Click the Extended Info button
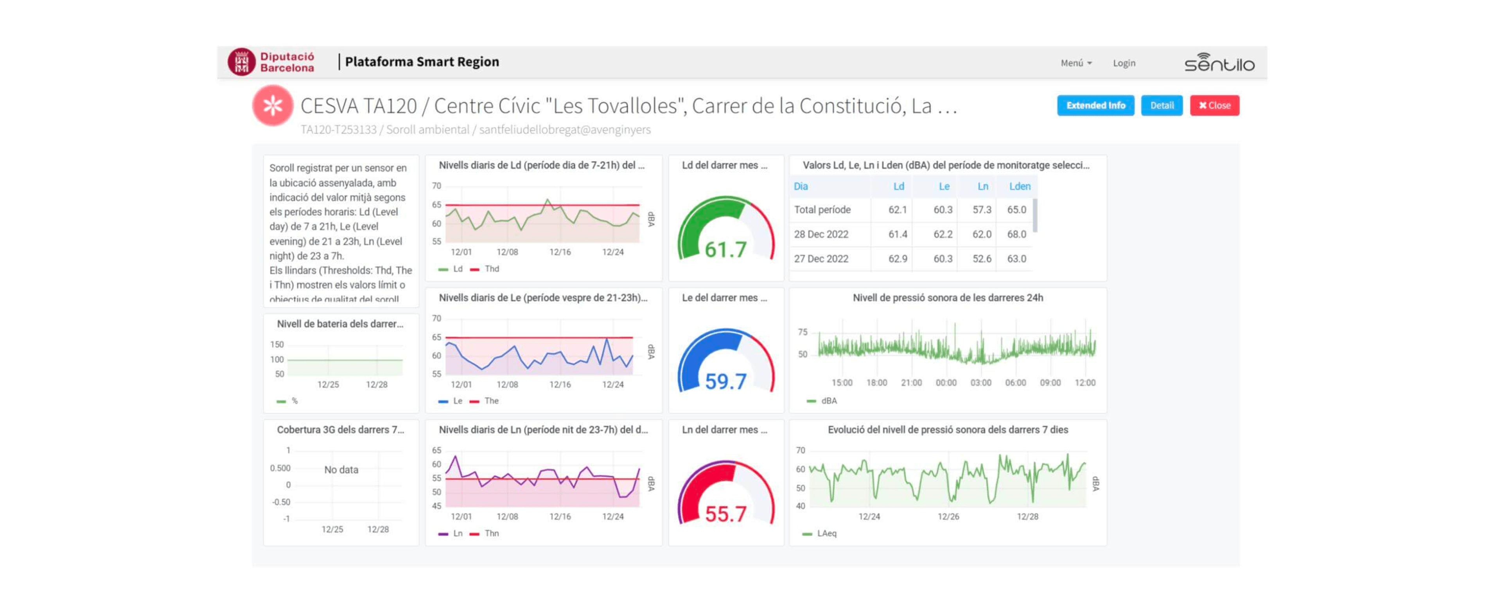click(x=1095, y=106)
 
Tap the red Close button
click(x=1215, y=106)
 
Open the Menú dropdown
click(x=1076, y=63)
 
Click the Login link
click(x=1124, y=63)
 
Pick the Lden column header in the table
click(x=1019, y=186)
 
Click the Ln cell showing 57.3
click(x=982, y=210)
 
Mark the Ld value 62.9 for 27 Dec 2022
click(x=898, y=259)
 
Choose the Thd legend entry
click(x=491, y=269)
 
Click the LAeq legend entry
click(x=826, y=534)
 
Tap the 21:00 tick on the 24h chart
click(x=911, y=383)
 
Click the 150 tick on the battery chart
click(x=277, y=344)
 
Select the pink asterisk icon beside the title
click(x=273, y=106)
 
